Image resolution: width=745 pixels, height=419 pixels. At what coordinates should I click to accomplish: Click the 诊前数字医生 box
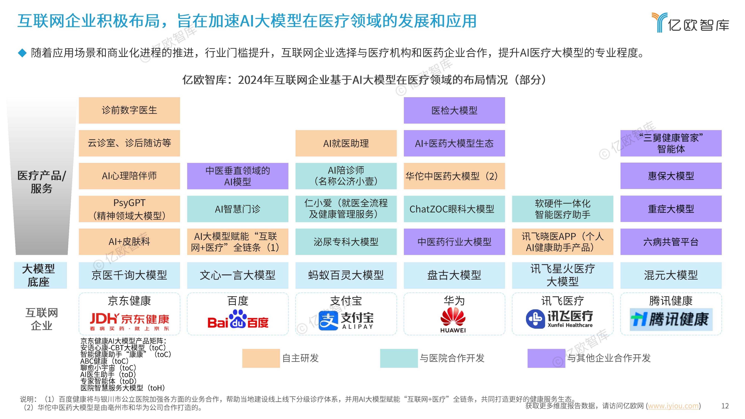129,110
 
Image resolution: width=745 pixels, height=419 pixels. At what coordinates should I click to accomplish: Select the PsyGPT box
129,209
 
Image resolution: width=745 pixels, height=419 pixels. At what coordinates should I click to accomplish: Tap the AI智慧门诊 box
237,209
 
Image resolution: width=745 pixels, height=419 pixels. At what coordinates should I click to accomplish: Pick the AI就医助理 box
346,143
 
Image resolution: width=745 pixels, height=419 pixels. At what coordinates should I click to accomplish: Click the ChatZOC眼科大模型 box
454,209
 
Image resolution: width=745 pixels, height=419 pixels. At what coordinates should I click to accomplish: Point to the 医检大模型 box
454,110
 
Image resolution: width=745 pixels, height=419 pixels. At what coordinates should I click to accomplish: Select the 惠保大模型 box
671,176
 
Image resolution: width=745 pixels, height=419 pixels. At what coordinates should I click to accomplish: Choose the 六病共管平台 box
671,242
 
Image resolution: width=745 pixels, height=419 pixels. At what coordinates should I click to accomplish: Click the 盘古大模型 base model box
454,275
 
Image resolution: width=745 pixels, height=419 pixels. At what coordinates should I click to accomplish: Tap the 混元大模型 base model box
671,275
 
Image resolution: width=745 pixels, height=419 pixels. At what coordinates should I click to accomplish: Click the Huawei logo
453,320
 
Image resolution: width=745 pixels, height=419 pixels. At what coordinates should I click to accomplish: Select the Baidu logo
238,320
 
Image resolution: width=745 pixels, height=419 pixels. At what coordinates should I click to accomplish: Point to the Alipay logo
346,320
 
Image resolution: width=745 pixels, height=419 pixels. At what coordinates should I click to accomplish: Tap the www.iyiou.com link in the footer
673,406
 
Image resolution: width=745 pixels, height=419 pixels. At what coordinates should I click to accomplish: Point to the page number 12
725,406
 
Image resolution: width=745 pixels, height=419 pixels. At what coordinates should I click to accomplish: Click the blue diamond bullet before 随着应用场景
22,53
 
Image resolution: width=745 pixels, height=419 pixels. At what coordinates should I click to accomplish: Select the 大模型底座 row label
40,275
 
